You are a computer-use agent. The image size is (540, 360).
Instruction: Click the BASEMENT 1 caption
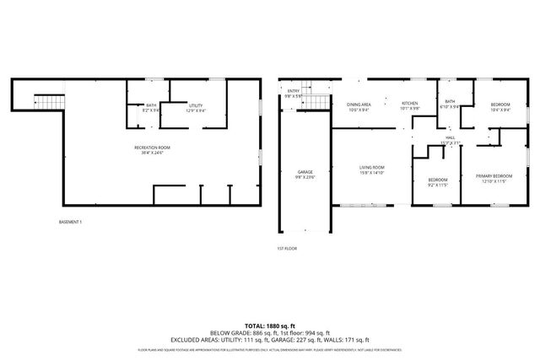70,222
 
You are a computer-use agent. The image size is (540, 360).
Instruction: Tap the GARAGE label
304,174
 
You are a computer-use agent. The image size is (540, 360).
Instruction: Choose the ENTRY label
294,93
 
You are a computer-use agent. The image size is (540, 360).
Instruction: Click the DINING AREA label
359,107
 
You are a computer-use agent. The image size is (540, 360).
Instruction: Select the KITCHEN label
409,105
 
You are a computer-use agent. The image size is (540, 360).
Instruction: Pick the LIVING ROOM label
371,169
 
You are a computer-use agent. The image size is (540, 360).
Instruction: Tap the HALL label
451,140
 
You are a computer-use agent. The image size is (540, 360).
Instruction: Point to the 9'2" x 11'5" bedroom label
437,181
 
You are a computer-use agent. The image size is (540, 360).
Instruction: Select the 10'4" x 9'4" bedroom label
500,107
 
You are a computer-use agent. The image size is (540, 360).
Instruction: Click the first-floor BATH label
450,105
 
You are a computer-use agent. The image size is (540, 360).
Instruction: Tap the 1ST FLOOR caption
287,249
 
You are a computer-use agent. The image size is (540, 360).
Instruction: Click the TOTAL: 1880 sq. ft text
270,325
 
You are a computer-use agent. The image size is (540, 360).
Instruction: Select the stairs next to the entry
316,102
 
